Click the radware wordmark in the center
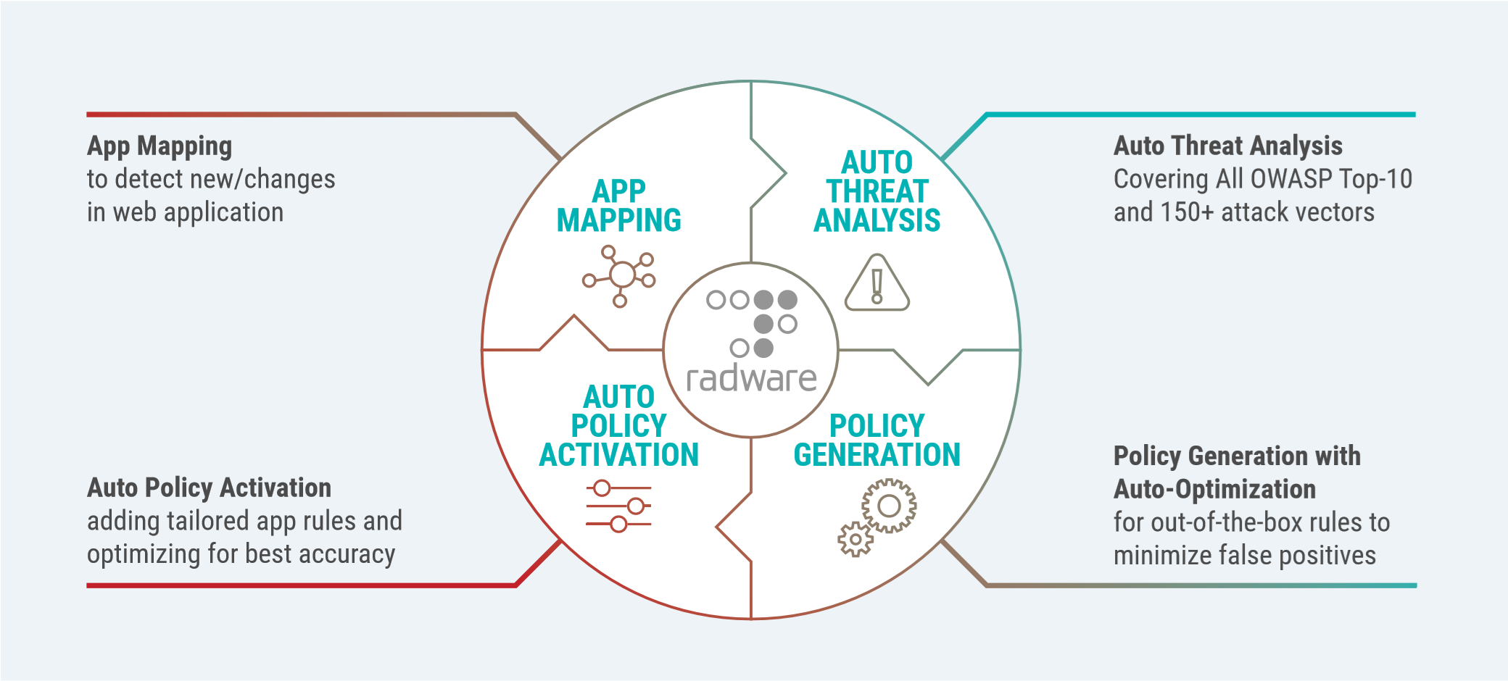[x=751, y=379]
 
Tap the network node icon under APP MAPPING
[x=620, y=276]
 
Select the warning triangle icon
[x=877, y=283]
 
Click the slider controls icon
[x=618, y=506]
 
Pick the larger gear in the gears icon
[x=889, y=506]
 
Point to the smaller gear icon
[x=855, y=539]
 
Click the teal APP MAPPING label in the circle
[x=618, y=206]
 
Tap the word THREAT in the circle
[x=877, y=192]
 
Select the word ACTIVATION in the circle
[x=618, y=455]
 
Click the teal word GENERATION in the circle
[x=877, y=455]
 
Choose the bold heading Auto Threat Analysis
[x=1227, y=146]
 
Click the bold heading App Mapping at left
[x=159, y=146]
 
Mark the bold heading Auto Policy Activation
[x=209, y=488]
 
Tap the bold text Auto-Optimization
[x=1214, y=489]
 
